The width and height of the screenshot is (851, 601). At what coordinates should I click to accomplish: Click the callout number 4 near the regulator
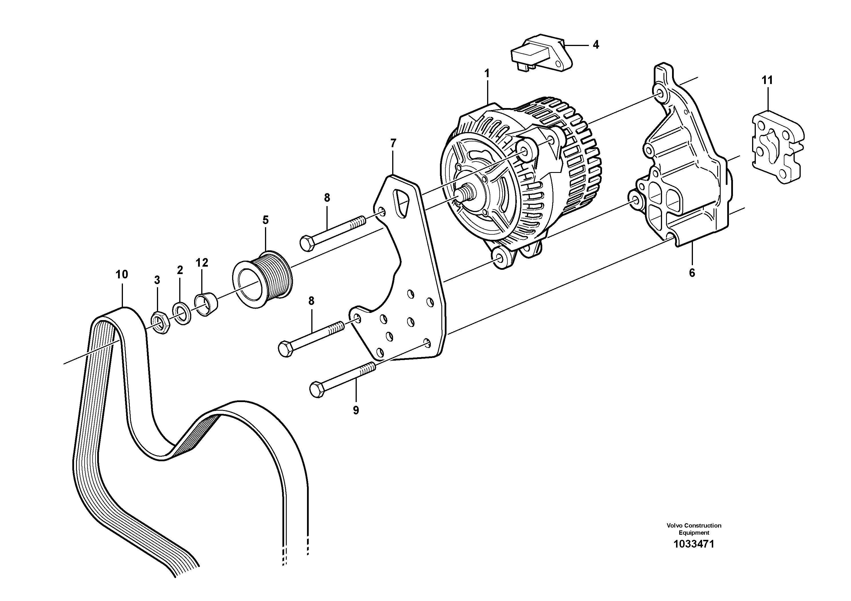click(x=596, y=45)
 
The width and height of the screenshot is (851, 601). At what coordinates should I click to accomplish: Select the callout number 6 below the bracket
click(x=691, y=273)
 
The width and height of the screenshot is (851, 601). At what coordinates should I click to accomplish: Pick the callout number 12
click(x=202, y=263)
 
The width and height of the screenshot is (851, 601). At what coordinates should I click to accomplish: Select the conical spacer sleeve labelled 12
click(x=206, y=304)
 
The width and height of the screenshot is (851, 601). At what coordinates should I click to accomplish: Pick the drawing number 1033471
click(x=693, y=544)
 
